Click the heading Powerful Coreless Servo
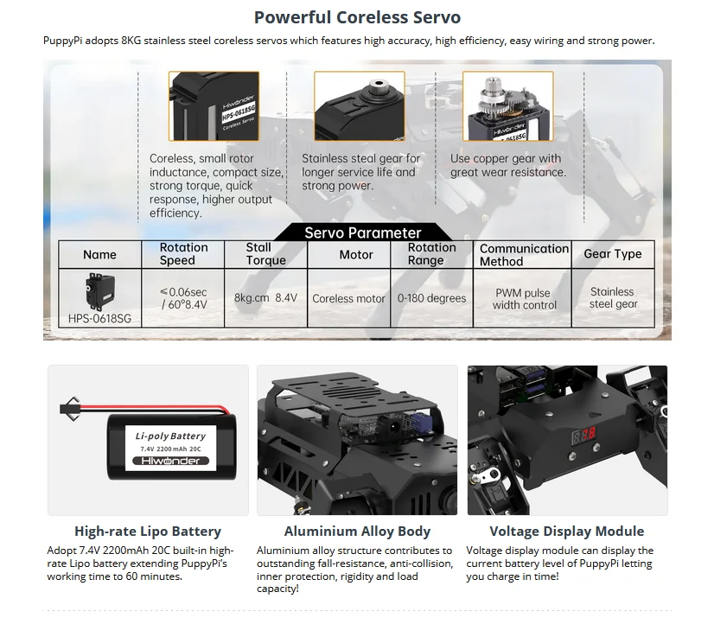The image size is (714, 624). (x=356, y=17)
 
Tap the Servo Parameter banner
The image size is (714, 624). (x=362, y=232)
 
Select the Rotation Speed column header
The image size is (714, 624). (x=183, y=253)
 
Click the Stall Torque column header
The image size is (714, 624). (x=265, y=253)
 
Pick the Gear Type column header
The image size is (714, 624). (x=612, y=253)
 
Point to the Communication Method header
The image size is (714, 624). (x=524, y=254)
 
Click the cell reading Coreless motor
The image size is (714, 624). (x=348, y=298)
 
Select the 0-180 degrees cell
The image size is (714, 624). (x=431, y=298)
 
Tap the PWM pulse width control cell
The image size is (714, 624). (x=524, y=299)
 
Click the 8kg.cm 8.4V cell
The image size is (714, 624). (x=265, y=297)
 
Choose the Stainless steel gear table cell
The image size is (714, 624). (x=612, y=298)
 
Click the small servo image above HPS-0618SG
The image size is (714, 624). (x=99, y=290)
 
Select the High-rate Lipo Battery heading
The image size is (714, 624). (x=148, y=532)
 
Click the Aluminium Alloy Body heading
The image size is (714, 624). (x=357, y=532)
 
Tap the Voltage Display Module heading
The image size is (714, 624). (x=566, y=532)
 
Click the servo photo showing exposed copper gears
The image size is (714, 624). (x=507, y=105)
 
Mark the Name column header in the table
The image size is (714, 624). (x=99, y=254)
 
